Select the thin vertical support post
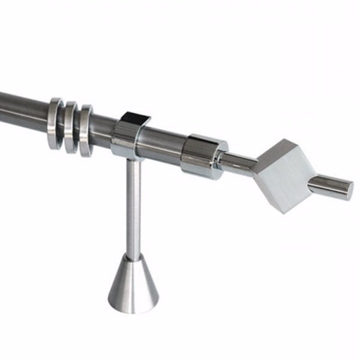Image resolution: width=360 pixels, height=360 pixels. [x=133, y=207]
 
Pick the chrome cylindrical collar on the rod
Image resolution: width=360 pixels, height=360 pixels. [x=200, y=155]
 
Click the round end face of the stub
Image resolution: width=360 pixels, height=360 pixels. [x=347, y=190]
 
